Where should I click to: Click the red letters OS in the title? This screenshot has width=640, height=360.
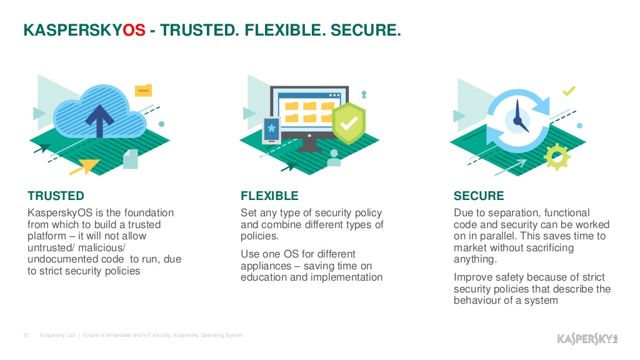coord(134,30)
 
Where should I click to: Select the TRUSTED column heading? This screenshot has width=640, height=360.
coord(56,196)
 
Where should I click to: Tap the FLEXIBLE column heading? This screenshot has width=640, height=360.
coord(269,196)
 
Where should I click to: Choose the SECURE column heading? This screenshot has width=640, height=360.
coord(479,196)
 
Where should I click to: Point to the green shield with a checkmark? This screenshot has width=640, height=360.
coord(349,123)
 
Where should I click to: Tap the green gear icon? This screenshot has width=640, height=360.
coord(557,157)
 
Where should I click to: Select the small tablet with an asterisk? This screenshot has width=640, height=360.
coord(271,131)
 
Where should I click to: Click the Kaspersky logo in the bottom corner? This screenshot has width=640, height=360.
coord(587,339)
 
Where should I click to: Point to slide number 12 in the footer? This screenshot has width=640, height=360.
coord(26,335)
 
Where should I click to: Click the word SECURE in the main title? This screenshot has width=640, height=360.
coord(365,30)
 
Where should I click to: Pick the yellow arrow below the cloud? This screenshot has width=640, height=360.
coord(85,166)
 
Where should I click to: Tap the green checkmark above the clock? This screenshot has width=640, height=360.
coord(569,91)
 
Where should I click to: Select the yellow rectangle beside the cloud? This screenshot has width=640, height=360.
coord(143,90)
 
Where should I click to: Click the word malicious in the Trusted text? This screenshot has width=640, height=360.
coord(102,247)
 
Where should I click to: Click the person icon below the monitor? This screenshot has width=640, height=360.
coord(334,158)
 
